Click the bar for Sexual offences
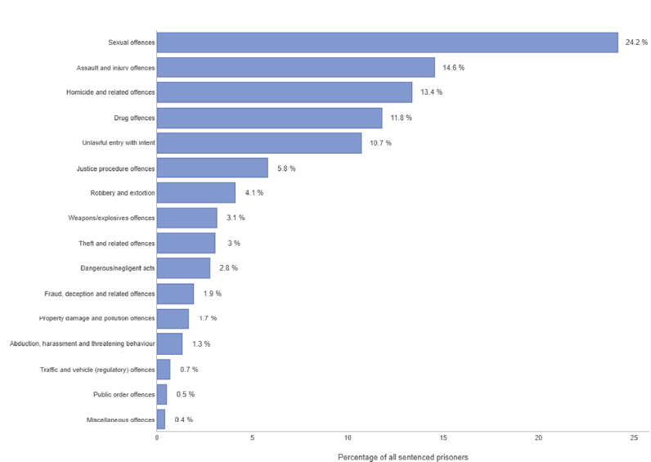tap(387, 43)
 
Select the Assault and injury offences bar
tap(295, 67)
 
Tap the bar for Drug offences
tap(269, 118)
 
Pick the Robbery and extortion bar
tap(195, 193)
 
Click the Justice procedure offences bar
tap(212, 168)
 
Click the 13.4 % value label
tap(431, 92)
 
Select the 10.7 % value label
tap(380, 143)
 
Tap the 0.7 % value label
tap(189, 370)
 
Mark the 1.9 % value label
tap(213, 294)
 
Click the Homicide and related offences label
tap(110, 92)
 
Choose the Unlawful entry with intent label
tap(118, 143)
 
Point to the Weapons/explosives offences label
tap(111, 218)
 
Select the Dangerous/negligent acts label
tap(117, 268)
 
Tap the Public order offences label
tap(124, 395)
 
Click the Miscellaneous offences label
tap(120, 420)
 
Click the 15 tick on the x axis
tap(443, 438)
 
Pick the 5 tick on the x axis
tap(252, 438)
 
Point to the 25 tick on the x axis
tap(634, 438)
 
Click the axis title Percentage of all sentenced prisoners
tap(402, 456)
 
